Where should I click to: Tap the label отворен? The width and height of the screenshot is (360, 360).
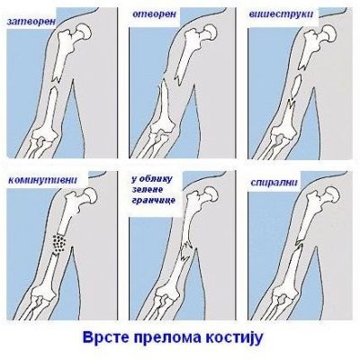(x=154, y=14)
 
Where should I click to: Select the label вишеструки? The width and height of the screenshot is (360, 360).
(x=281, y=14)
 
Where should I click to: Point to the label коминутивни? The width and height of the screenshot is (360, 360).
(x=43, y=180)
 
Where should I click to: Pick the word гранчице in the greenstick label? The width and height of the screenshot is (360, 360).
(x=153, y=200)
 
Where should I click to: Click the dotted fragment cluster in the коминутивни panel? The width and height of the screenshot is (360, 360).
(x=59, y=242)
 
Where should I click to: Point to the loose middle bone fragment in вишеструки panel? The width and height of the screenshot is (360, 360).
(x=296, y=85)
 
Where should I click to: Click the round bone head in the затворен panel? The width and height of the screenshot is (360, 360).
(x=83, y=31)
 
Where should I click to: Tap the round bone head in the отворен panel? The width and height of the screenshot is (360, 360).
(x=209, y=31)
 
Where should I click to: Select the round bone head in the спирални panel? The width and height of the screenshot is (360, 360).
(x=331, y=194)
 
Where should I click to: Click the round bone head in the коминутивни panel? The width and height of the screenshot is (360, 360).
(x=89, y=195)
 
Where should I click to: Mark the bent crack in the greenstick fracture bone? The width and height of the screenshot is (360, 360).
(x=186, y=251)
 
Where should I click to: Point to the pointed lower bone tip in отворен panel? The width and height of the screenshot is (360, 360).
(x=163, y=80)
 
